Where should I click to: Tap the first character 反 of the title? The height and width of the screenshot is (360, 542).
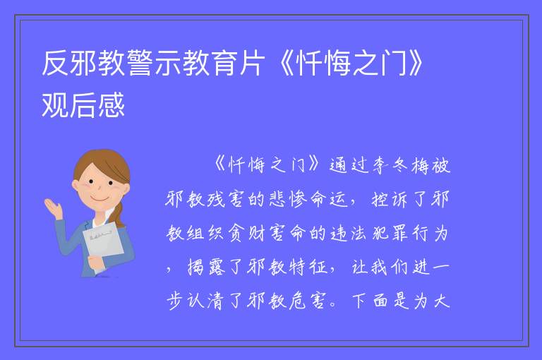(x=55, y=63)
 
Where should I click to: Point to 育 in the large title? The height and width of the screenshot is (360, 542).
(x=223, y=63)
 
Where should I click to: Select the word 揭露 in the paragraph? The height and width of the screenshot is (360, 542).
(x=207, y=268)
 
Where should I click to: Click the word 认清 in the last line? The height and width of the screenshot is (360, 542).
(x=207, y=301)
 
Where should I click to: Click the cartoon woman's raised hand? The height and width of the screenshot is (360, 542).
(x=52, y=207)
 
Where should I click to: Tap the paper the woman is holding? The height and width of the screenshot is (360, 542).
(x=103, y=242)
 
